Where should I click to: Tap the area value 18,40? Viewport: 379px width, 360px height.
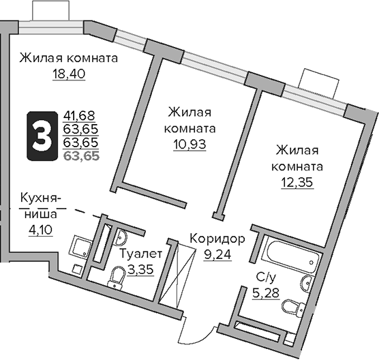point(68,73)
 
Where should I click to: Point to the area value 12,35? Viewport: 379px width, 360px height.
point(297,182)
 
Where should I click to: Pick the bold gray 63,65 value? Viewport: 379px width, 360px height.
point(80,155)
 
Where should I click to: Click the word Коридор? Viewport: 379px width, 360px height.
point(217,239)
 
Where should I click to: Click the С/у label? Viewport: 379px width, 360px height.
point(264,277)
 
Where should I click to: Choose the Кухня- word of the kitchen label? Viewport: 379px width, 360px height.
point(40,199)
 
